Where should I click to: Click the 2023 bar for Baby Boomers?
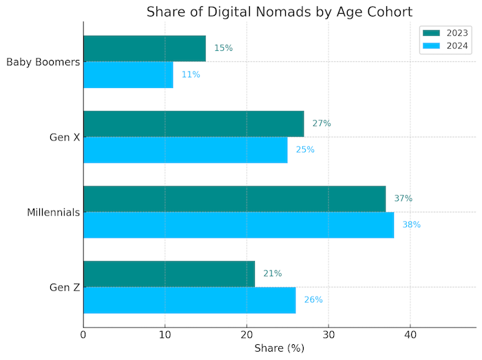tap(145, 48)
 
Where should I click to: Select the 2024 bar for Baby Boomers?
tap(128, 74)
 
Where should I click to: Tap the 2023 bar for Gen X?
tap(193, 123)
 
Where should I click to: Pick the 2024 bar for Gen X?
tap(185, 149)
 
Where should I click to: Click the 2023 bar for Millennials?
tap(234, 198)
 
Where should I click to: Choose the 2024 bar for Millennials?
tap(238, 224)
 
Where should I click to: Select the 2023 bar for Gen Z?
tap(169, 273)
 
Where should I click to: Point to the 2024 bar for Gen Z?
tap(189, 299)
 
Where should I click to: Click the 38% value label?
tap(411, 224)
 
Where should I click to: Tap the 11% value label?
tap(191, 74)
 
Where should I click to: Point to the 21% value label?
tap(272, 273)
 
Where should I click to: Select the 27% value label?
tap(322, 123)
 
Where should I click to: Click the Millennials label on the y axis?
tap(53, 213)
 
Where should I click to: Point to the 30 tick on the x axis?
tap(328, 335)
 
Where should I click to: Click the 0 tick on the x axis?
tap(83, 335)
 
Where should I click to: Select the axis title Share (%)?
tap(279, 349)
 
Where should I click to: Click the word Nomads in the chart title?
tap(277, 12)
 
